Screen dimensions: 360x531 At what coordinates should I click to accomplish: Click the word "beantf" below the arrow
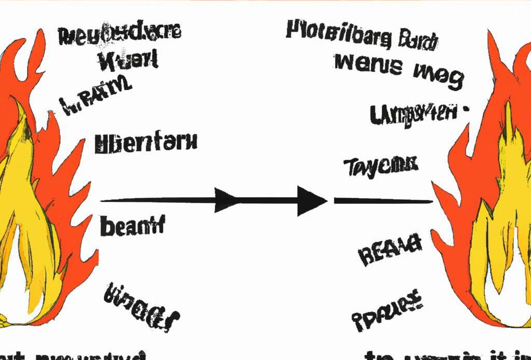pyautogui.click(x=132, y=226)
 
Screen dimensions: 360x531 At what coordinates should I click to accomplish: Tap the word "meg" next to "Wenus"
pyautogui.click(x=438, y=76)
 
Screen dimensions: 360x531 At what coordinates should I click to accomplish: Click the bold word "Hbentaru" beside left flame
pyautogui.click(x=146, y=143)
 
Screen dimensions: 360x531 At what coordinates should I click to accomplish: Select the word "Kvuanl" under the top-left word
pyautogui.click(x=128, y=61)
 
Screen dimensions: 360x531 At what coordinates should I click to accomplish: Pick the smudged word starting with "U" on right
pyautogui.click(x=415, y=114)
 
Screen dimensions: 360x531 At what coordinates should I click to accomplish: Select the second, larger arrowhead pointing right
pyautogui.click(x=311, y=200)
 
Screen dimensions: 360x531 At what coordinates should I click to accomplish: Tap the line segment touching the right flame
pyautogui.click(x=384, y=201)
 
